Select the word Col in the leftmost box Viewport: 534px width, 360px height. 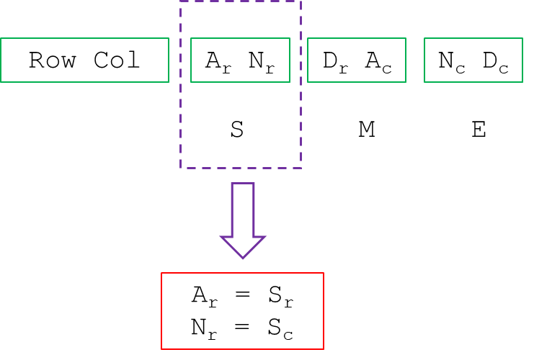tap(117, 60)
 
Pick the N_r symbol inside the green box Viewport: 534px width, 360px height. tap(262, 61)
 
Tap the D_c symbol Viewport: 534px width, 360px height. tap(495, 61)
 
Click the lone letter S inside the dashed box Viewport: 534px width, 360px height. tap(237, 130)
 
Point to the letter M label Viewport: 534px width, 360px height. tap(366, 130)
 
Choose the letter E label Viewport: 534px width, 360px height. tap(478, 130)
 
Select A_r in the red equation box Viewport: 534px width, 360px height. tap(204, 296)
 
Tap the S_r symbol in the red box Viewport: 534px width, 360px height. tap(282, 296)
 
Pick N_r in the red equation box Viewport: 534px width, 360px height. tap(204, 328)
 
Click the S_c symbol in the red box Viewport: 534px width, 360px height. tap(282, 328)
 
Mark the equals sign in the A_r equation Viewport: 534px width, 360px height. tap(243, 295)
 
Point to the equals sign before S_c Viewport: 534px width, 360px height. tap(243, 327)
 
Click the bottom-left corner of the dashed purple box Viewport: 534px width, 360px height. tap(181, 168)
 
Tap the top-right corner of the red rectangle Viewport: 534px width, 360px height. tap(323, 274)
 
